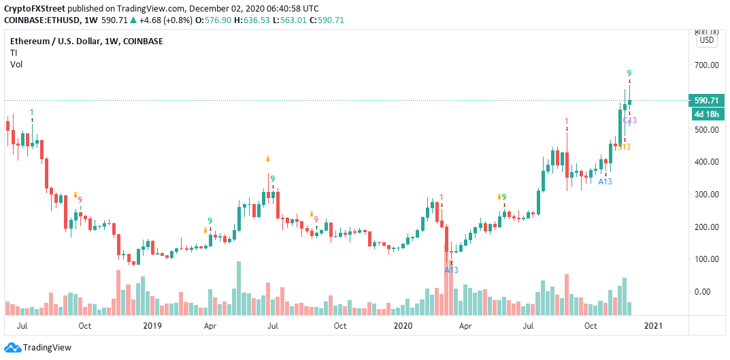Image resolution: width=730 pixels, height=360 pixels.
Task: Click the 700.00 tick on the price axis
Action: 706,65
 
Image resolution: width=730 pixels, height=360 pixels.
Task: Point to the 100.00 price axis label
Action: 706,259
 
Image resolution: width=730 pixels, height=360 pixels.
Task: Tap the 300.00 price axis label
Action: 706,195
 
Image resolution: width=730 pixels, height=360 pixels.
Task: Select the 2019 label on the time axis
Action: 152,326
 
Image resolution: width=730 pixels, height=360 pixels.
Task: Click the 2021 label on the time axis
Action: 652,326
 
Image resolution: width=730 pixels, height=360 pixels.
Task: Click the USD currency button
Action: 707,40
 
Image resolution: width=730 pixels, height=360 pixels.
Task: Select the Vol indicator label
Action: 16,64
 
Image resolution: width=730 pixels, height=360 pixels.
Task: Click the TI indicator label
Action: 14,52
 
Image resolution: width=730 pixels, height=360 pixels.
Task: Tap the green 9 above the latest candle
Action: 629,73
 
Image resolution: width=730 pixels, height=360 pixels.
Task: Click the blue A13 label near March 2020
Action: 452,270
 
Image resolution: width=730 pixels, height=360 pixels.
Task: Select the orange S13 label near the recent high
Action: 623,147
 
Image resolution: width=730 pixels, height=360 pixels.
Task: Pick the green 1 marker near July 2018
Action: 31,112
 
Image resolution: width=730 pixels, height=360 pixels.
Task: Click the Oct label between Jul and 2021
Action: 591,326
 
